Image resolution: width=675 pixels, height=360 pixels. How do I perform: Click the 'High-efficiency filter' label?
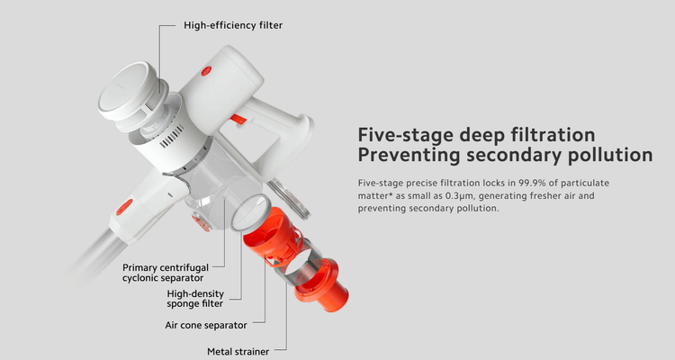pos(233,25)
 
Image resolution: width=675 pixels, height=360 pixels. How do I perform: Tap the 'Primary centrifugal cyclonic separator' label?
pos(166,273)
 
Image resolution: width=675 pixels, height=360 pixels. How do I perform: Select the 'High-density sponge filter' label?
pos(195,299)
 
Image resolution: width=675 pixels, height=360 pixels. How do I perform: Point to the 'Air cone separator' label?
pos(206,325)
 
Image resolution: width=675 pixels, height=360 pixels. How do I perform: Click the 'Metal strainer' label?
pos(238,351)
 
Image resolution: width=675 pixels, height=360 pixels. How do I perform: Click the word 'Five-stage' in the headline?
pos(406,135)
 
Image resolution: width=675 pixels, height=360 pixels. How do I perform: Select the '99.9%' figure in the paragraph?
pos(532,183)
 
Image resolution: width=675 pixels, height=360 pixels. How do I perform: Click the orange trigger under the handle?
pos(238,120)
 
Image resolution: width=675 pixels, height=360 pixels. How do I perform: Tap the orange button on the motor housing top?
pos(207,71)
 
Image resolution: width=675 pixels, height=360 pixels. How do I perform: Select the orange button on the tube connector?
pos(124,206)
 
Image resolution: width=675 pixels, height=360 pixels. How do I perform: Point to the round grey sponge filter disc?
pos(250,211)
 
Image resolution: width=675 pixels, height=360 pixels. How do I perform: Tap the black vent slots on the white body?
pos(172,137)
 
